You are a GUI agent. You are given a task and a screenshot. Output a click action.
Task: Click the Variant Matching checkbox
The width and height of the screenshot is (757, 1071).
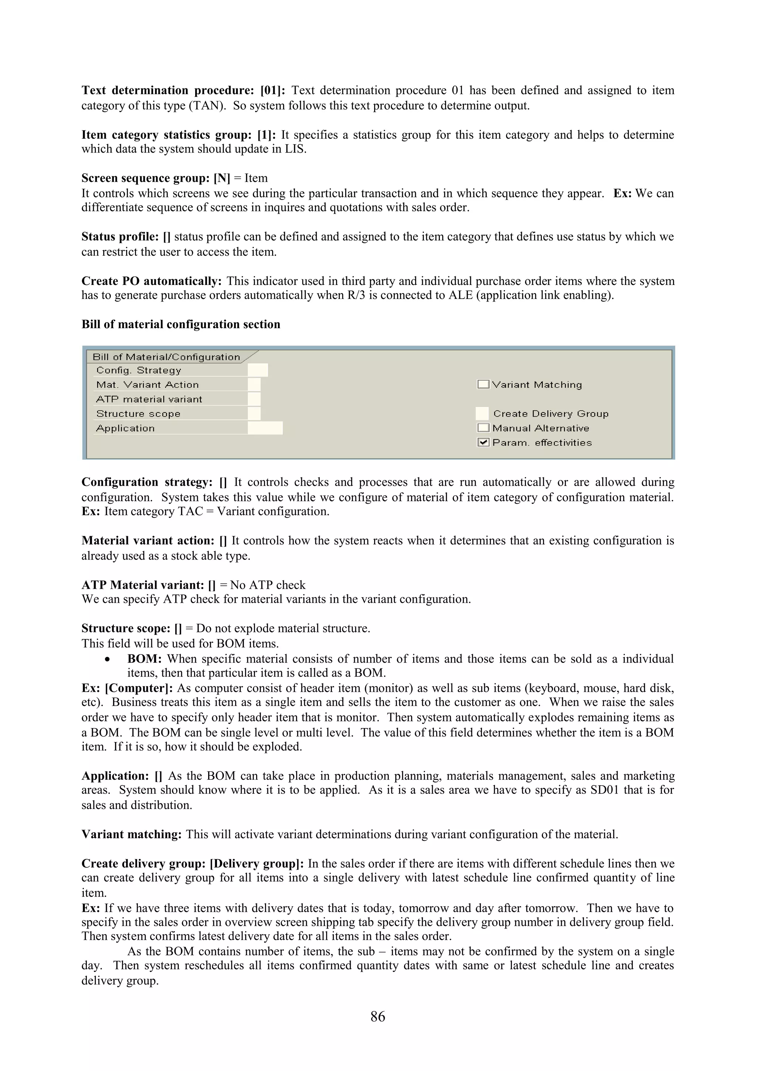tap(483, 384)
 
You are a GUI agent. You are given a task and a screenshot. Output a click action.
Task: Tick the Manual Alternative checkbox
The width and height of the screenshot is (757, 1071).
tap(483, 428)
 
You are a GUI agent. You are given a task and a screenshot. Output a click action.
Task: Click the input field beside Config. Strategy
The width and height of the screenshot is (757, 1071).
tap(258, 370)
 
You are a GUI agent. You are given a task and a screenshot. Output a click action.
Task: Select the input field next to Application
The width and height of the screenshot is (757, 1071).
tap(265, 428)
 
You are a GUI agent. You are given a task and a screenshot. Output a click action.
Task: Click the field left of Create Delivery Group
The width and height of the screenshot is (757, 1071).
tap(482, 413)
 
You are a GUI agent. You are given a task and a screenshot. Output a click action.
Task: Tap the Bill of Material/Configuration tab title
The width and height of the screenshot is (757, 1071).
tap(166, 357)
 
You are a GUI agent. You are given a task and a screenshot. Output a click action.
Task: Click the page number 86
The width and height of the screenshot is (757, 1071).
tap(378, 1016)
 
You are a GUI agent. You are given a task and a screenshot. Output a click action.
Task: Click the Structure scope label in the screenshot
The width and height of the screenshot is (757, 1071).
tap(138, 413)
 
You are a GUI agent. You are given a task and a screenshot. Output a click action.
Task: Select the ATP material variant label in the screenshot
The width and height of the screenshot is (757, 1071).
tap(149, 399)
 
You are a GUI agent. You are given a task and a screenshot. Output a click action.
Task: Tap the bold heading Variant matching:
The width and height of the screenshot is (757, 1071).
tap(132, 834)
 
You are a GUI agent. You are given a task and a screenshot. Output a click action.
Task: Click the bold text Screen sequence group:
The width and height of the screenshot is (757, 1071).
tap(146, 178)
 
